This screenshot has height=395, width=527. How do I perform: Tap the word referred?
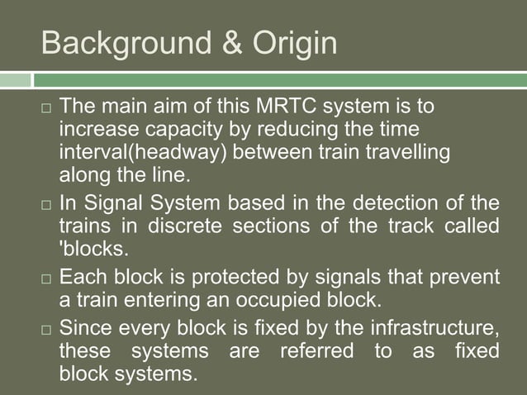coord(318,350)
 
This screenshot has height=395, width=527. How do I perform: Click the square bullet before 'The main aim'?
coord(46,109)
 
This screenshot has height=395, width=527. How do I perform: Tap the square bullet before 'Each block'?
coord(46,276)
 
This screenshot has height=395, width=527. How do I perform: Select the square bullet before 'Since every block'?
coord(46,328)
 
